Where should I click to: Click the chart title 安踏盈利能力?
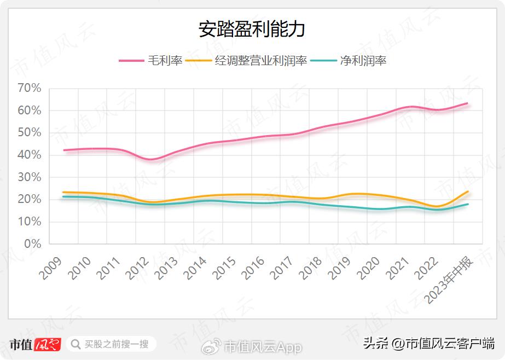coord(252,30)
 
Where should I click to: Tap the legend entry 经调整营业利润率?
coord(261,61)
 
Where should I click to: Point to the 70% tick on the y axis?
coord(30,88)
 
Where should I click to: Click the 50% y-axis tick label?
coord(30,133)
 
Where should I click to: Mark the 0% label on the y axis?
coord(33,244)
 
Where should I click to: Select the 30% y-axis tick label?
coord(30,177)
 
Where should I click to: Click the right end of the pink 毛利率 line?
coord(467,103)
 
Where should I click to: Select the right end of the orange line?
coord(468,191)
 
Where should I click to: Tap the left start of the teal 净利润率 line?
coord(63,196)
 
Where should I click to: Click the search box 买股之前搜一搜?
coord(112,344)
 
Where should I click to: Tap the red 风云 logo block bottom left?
coord(48,345)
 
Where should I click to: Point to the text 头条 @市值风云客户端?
coord(429,344)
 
